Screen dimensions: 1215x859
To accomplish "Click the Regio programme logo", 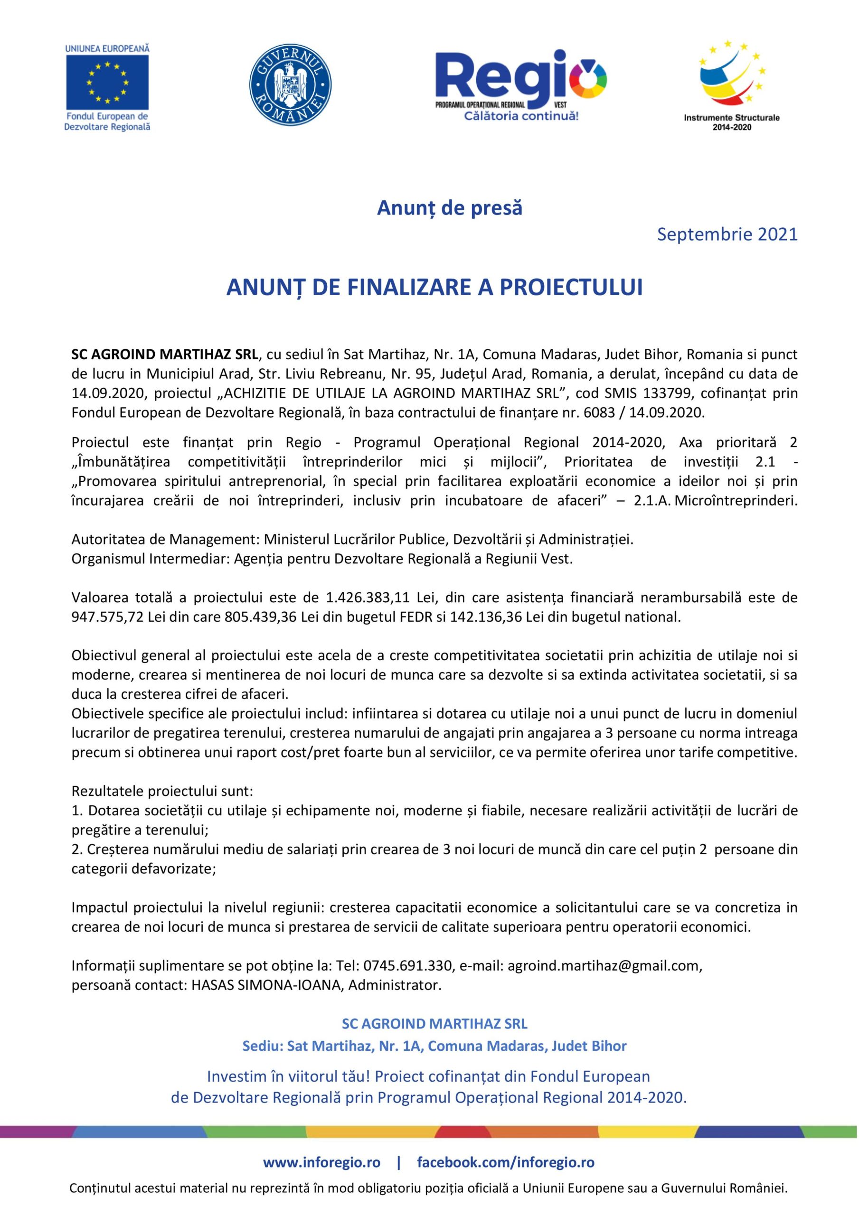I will coord(520,79).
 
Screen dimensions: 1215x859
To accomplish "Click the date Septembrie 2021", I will coord(727,234).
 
